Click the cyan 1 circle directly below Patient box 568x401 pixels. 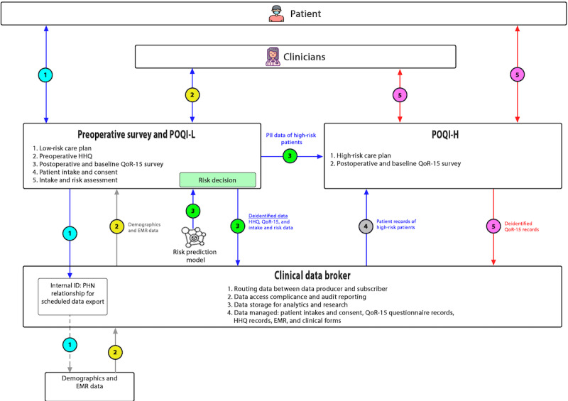46,74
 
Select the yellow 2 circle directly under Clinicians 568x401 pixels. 191,94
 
